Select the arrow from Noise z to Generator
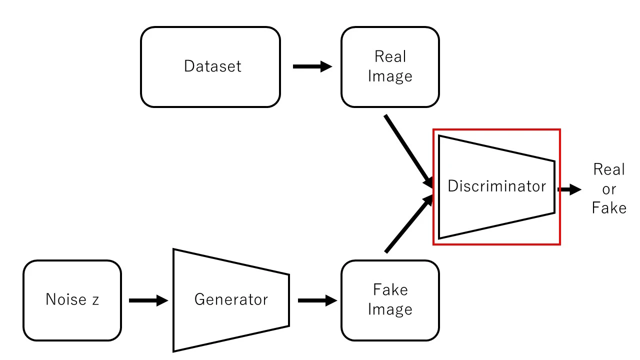(148, 300)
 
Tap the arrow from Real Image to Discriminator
(407, 150)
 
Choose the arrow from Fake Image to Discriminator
(407, 225)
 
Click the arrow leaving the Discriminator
(569, 189)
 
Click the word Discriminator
(496, 186)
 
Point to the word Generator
(231, 299)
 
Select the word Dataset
(212, 66)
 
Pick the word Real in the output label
(609, 170)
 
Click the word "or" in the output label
(609, 189)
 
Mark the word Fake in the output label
(609, 208)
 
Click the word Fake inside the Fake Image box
(390, 290)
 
